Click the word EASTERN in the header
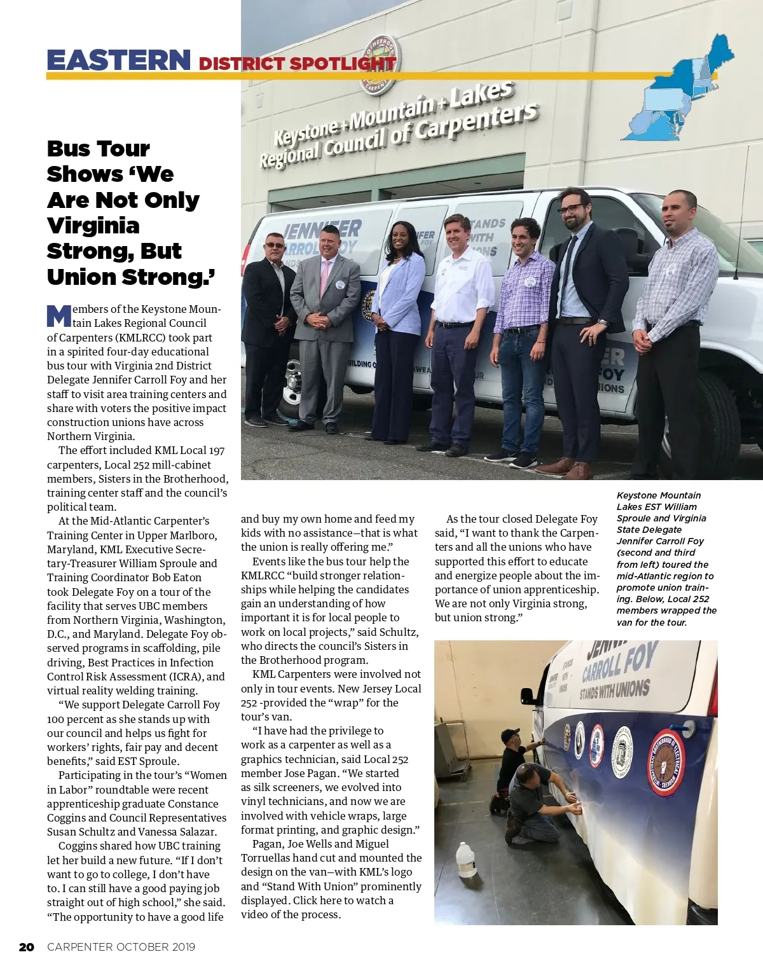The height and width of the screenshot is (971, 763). click(x=118, y=61)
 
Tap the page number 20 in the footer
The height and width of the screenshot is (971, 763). click(x=26, y=947)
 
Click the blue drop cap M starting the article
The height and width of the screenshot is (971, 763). click(x=58, y=316)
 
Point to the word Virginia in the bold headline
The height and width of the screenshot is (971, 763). click(x=93, y=226)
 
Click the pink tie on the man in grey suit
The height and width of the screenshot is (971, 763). click(x=325, y=273)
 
